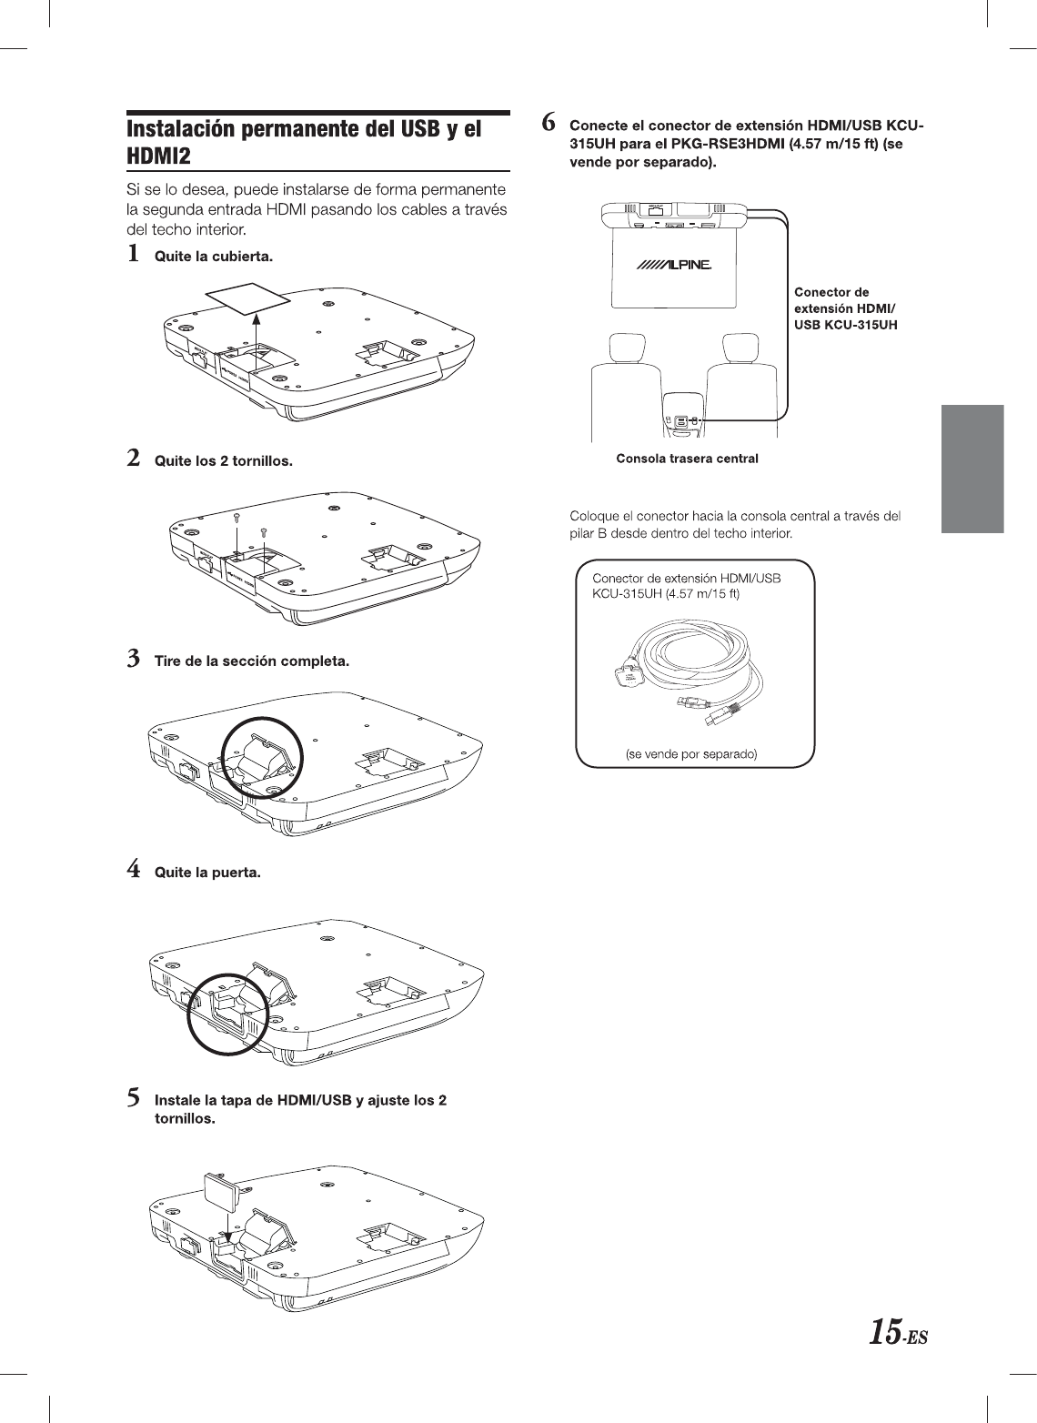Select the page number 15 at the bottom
coord(885,1334)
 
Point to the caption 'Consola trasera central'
coord(687,458)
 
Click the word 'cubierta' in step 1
coord(244,257)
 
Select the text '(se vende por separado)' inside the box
coord(692,753)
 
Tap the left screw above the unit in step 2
coord(237,516)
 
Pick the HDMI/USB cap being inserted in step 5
coord(222,1188)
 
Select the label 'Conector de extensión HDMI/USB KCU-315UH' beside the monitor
coord(845,308)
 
